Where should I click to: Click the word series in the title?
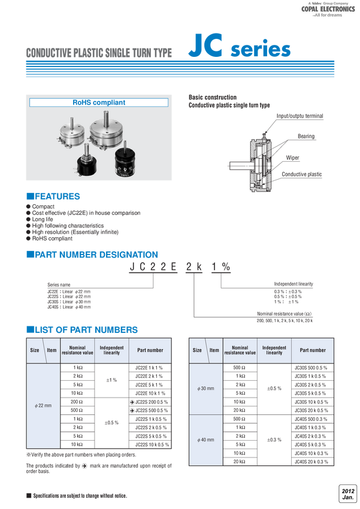click(261, 50)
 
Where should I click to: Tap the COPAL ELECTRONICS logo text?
click(329, 10)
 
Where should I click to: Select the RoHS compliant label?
click(99, 102)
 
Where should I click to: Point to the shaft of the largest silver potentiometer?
click(108, 114)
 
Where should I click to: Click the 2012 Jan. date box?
click(348, 494)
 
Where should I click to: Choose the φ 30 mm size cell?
click(205, 389)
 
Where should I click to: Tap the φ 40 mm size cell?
click(205, 439)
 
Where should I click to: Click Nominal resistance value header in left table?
click(77, 350)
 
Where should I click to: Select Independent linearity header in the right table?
click(274, 350)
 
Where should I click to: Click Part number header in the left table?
click(150, 350)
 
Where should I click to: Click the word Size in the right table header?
click(197, 350)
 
